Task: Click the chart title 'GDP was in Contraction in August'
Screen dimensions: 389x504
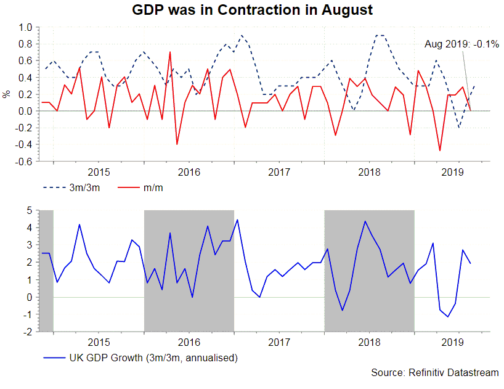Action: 253,10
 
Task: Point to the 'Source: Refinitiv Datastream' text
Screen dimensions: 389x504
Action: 435,373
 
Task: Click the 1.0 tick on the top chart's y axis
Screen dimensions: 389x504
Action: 24,27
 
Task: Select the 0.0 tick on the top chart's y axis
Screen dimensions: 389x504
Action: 24,111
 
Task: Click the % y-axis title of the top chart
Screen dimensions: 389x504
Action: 7,94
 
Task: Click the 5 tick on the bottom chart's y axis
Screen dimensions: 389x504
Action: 28,210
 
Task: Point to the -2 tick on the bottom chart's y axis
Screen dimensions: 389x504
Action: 26,331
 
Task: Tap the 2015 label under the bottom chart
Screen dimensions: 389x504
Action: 99,340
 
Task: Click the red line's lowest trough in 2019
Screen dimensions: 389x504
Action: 440,150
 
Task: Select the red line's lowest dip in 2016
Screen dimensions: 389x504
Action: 177,144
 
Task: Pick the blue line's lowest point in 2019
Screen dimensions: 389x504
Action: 448,317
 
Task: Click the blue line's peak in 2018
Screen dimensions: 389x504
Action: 365,221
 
